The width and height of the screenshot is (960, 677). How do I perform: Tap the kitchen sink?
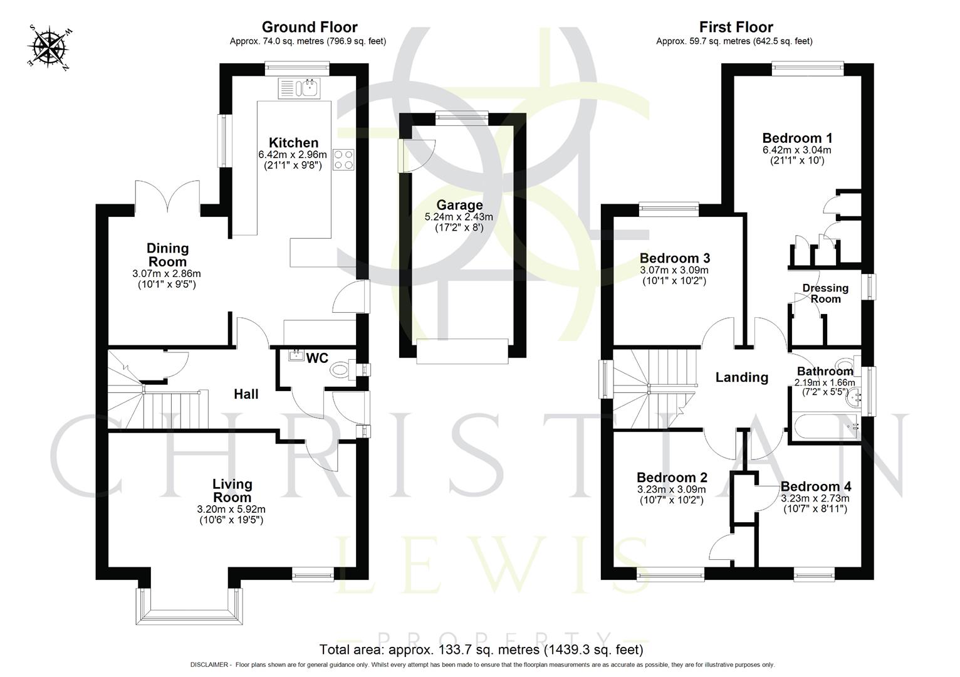[300, 88]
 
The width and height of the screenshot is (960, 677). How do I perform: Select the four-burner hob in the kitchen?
[343, 160]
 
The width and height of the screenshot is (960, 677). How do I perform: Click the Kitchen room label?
[293, 143]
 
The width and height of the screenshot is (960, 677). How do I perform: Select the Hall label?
[246, 394]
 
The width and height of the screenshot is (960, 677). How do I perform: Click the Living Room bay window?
[189, 607]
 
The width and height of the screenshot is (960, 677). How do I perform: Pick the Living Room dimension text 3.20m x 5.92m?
[231, 509]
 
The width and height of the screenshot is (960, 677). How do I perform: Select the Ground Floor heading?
[309, 27]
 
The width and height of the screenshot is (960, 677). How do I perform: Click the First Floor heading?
[736, 27]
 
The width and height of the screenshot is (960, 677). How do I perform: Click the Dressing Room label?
[825, 293]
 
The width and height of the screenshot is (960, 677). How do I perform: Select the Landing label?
[741, 377]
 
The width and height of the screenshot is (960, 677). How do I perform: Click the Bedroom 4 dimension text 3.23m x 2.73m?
[815, 498]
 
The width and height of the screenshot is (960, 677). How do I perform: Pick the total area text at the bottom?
[481, 649]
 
